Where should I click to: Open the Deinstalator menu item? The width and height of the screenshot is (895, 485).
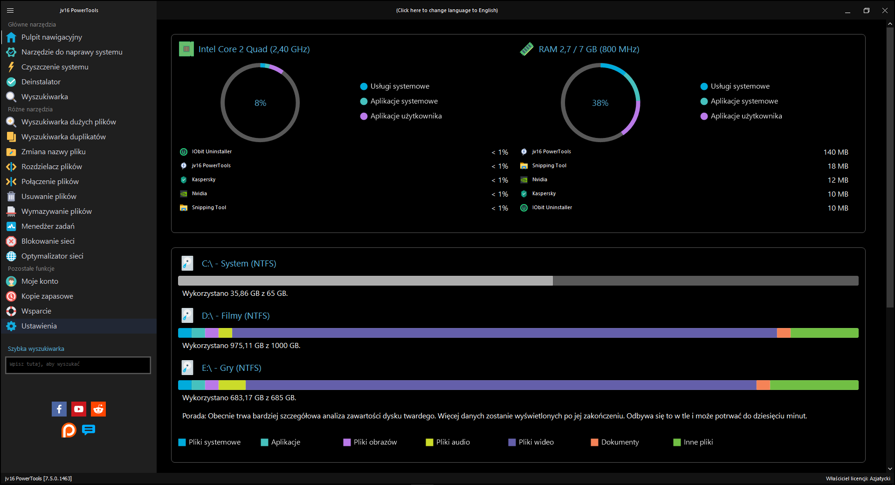click(x=41, y=82)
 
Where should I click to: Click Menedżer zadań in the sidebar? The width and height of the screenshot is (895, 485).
click(x=48, y=226)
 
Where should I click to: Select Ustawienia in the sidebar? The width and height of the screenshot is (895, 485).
click(x=39, y=326)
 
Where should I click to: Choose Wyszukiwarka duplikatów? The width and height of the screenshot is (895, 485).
click(x=63, y=137)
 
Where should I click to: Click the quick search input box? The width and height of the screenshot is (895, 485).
click(x=78, y=365)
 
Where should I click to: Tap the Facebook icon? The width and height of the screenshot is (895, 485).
click(x=59, y=409)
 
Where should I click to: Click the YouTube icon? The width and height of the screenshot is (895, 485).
click(x=79, y=409)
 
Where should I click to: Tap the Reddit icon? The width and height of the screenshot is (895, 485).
click(x=98, y=409)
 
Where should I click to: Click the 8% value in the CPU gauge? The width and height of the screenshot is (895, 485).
click(x=261, y=103)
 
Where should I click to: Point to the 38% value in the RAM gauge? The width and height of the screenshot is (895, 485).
click(x=600, y=103)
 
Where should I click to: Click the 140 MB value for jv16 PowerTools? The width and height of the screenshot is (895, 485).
click(x=836, y=152)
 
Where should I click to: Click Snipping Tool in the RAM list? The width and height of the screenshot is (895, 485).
click(x=550, y=166)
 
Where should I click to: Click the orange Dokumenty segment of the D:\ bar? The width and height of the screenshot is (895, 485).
click(x=784, y=333)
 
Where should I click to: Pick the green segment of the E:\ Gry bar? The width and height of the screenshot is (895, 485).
click(x=814, y=385)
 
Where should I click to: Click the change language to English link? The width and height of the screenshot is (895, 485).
click(x=447, y=10)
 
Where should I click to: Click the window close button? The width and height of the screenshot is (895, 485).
click(x=885, y=10)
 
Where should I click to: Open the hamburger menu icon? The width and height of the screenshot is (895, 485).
click(x=10, y=10)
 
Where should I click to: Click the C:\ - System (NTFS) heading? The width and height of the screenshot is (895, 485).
click(x=239, y=264)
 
